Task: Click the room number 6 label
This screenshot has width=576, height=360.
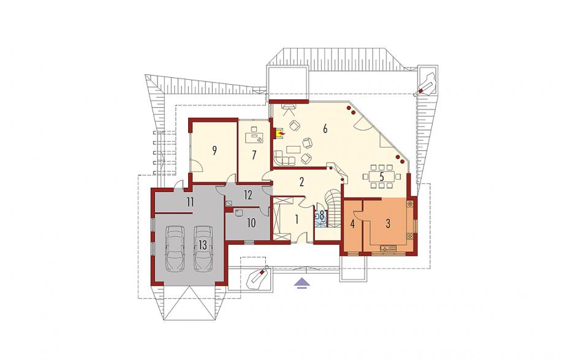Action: [x=325, y=129]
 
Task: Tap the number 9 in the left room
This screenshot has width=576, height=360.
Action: [x=214, y=150]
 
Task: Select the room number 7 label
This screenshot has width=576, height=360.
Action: [x=254, y=155]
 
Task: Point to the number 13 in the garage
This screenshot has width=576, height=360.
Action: [x=203, y=245]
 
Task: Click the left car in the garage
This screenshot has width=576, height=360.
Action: [x=175, y=248]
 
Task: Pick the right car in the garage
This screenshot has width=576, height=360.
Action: [x=203, y=248]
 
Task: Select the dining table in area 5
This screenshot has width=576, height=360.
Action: [x=382, y=177]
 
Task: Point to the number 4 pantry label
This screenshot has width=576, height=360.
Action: [x=353, y=224]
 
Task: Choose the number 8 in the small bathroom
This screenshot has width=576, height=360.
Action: [x=322, y=215]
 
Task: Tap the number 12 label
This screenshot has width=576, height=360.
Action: [x=248, y=195]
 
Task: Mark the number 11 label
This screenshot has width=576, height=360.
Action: [x=191, y=202]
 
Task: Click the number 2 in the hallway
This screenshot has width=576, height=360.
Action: [x=301, y=182]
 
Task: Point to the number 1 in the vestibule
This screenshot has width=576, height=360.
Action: [x=296, y=220]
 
